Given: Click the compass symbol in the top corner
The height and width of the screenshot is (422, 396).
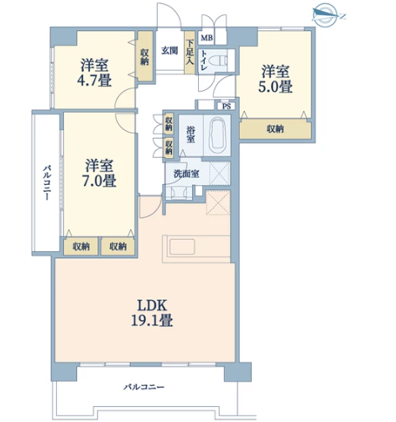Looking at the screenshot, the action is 326,15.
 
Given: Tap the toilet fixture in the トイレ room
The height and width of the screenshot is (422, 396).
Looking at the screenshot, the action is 221,61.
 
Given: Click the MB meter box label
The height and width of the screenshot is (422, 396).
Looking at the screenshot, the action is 206,38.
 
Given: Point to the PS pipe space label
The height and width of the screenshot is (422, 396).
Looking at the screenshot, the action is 227,107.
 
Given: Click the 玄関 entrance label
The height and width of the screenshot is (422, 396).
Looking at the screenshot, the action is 169,51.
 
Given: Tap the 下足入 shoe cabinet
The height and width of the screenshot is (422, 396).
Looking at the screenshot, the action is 190,52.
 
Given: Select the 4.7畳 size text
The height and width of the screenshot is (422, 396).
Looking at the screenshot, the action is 94,81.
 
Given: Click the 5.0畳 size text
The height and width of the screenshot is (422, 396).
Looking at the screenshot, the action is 275,87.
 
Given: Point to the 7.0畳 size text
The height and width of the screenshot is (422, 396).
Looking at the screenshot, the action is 99,181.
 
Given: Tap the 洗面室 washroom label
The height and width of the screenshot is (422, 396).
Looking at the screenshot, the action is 186,173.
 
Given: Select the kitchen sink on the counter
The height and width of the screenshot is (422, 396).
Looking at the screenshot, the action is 182,246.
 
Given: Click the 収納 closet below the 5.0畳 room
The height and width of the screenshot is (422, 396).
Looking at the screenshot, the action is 275,129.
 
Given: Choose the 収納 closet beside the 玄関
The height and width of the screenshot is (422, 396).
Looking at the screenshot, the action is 145,56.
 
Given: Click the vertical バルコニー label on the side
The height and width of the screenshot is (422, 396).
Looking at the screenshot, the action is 47,182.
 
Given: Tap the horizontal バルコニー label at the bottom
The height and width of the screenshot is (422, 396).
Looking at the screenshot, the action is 144,388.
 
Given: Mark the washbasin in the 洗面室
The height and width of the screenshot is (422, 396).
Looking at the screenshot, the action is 179,193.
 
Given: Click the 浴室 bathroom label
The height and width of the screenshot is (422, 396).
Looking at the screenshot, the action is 191,135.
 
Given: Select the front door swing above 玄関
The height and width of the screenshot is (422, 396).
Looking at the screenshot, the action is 169,14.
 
